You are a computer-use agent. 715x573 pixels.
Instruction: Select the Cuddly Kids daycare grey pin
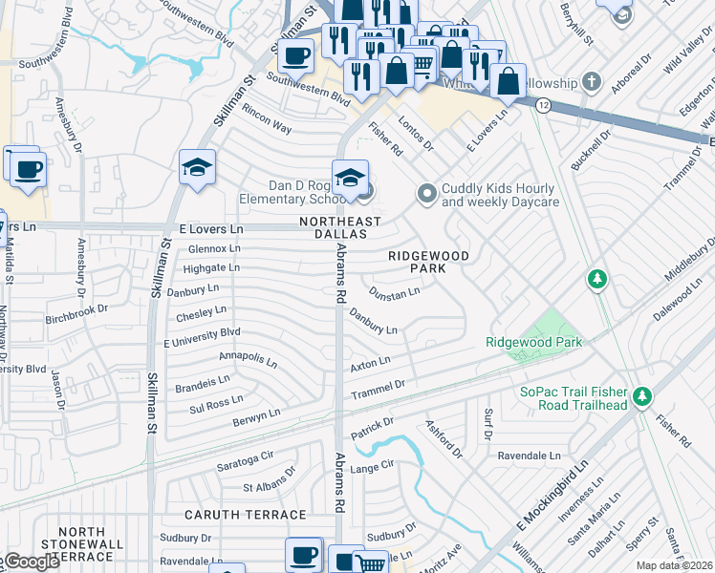point(426,194)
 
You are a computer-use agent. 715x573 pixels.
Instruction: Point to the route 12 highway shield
point(542,106)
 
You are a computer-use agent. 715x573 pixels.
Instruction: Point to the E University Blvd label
point(202,336)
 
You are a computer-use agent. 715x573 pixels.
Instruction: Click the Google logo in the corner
point(31,562)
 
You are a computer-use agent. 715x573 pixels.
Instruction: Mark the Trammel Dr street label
point(379,385)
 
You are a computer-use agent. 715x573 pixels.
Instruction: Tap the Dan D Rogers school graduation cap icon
point(351,177)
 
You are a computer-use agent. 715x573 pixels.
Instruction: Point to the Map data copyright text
point(674,565)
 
